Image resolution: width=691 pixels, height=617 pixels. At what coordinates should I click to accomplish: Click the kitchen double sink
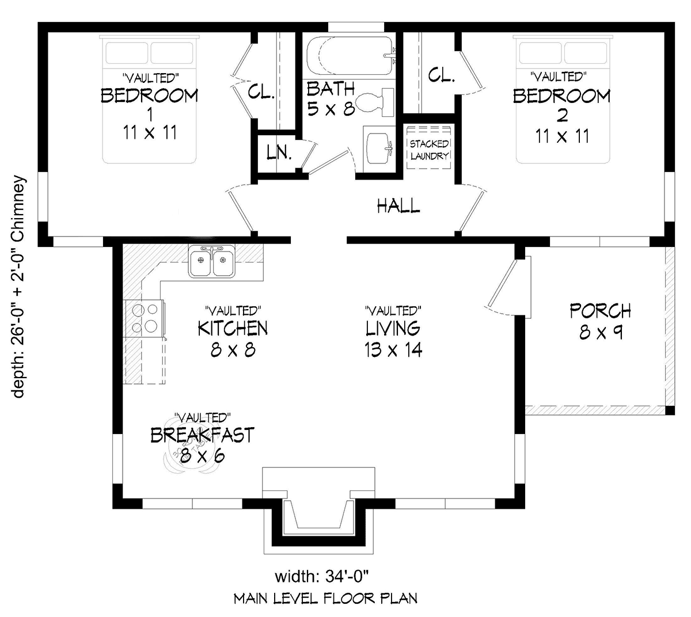(212, 261)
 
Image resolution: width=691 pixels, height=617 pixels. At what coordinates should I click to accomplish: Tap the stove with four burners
(145, 318)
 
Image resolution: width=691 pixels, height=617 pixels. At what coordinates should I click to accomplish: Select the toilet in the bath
(374, 101)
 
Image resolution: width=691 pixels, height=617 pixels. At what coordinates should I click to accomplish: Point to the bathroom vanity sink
(379, 149)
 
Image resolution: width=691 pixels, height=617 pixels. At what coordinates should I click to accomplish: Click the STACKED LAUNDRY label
(429, 150)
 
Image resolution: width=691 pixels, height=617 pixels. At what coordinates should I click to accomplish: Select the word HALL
(398, 205)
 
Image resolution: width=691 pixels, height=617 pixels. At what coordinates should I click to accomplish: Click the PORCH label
(600, 311)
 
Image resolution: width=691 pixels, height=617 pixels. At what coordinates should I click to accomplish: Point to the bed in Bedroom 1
(149, 99)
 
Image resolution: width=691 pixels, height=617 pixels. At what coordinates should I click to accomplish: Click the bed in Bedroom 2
(563, 99)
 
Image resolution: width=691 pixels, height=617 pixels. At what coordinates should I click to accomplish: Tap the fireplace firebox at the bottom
(318, 515)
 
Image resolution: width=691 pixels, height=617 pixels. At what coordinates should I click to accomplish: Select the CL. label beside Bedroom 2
(441, 75)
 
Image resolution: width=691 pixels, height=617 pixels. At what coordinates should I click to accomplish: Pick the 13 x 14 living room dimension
(393, 349)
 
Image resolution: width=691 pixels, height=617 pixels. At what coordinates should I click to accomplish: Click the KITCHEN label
(233, 328)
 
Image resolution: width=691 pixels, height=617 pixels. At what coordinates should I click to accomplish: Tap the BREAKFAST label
(203, 435)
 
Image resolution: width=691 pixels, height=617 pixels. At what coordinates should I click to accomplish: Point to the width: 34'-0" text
(322, 577)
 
